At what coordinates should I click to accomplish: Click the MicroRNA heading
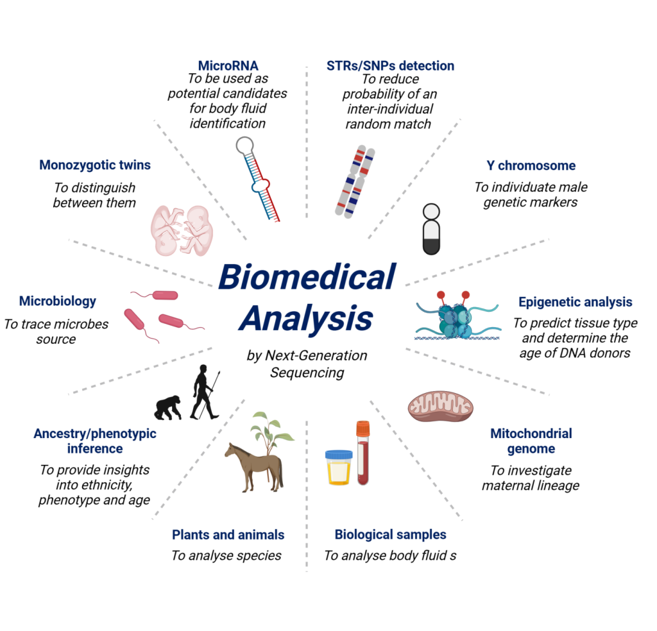coord(228,66)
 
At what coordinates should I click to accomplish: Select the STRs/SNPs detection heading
coord(390,66)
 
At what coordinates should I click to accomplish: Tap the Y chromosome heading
coord(531,166)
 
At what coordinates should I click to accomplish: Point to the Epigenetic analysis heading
coord(576,302)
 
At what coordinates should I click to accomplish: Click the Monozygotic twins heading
coord(95,165)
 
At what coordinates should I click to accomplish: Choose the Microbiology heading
coord(57,301)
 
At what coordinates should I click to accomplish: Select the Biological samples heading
coord(390,535)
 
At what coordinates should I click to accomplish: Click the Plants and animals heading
coord(228,535)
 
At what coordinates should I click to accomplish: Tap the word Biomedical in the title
coord(307,277)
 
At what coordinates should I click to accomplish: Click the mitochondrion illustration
coord(440,406)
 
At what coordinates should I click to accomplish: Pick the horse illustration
coord(255,466)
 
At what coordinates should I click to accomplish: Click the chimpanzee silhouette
coord(168,407)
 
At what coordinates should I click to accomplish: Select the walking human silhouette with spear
coord(205,392)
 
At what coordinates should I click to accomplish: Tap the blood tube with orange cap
coord(363,453)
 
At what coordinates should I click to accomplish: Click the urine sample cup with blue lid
coord(339,467)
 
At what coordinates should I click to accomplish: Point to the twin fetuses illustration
coord(182,230)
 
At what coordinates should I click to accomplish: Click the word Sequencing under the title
coord(307,373)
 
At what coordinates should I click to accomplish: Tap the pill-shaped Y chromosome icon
coord(431,230)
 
